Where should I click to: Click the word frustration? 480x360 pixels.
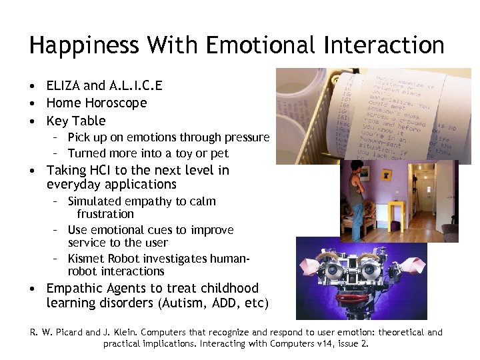pos(105,214)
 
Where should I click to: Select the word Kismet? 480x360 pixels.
pos(87,258)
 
